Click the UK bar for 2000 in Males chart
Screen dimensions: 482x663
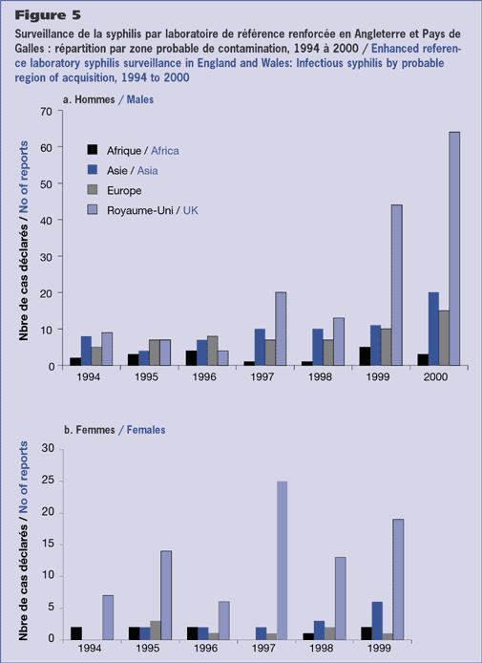454,248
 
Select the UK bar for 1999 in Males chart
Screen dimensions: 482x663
397,285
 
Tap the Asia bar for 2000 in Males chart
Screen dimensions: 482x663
433,329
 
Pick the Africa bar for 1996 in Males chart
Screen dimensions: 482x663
191,358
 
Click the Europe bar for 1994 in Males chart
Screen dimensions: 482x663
96,356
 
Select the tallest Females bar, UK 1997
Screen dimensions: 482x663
282,560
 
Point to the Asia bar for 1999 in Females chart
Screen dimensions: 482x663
377,620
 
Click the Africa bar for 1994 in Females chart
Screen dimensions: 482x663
76,633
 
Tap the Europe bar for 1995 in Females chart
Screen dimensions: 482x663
156,630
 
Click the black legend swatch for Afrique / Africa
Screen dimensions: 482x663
92,150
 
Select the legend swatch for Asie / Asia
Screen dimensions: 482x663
92,169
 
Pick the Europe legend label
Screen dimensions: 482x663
124,191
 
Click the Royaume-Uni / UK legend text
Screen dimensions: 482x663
152,210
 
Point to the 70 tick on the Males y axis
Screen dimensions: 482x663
47,112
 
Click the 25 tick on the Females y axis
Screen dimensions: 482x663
49,481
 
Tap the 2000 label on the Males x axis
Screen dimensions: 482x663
435,376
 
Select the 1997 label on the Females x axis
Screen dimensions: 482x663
263,649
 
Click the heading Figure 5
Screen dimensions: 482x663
48,15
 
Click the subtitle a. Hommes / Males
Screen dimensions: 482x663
108,99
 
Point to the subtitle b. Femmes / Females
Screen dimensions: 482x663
115,430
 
